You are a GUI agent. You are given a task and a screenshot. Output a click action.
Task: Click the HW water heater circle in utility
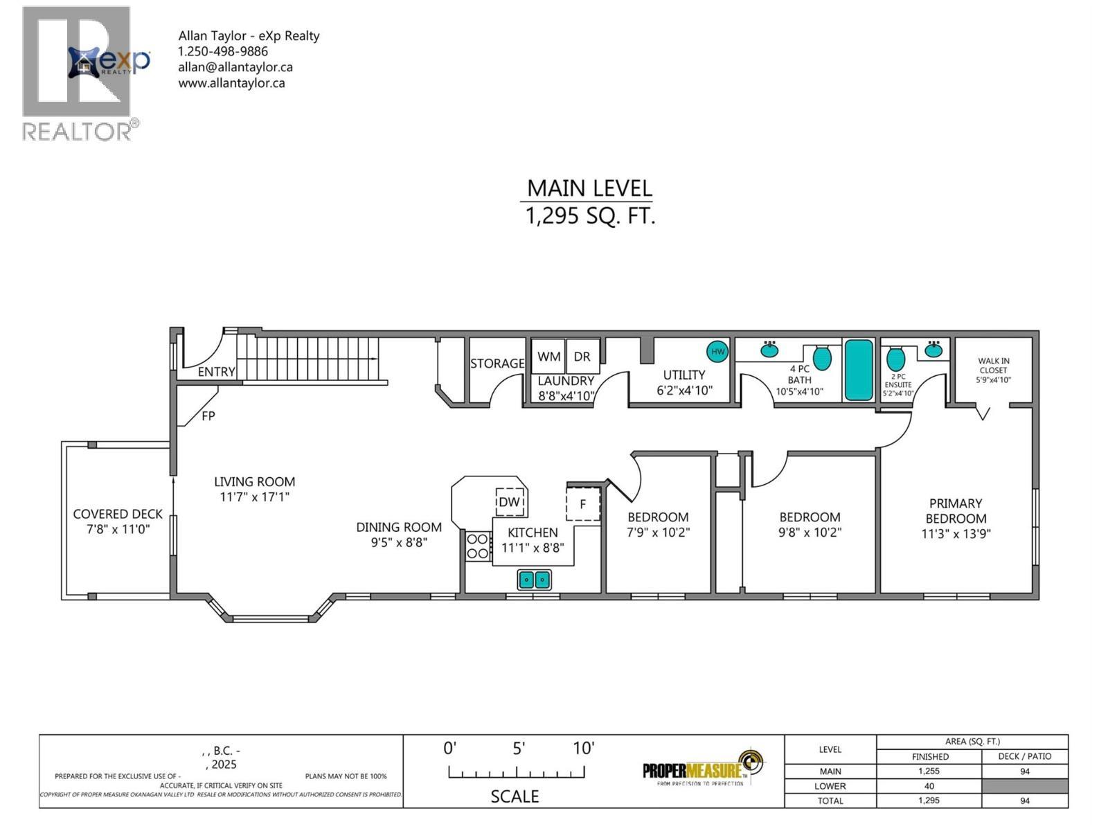coord(717,352)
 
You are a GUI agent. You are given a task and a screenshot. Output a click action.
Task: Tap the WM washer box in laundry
coord(548,357)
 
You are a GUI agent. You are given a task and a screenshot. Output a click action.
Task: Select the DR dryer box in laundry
coord(582,357)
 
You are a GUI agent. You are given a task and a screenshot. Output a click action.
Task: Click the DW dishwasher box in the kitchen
coord(510,502)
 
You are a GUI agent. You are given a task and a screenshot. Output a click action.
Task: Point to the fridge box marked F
coord(582,504)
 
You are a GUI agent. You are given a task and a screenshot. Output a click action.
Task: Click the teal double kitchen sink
coord(535,579)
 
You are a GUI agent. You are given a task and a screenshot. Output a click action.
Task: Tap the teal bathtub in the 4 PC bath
coord(859,370)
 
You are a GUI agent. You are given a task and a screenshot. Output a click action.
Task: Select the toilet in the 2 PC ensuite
coord(896,359)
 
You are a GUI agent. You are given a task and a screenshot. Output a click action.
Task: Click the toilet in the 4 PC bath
coord(821,357)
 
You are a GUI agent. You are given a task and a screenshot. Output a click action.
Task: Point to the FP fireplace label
coord(208,416)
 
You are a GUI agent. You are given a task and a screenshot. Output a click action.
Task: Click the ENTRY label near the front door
coord(216,372)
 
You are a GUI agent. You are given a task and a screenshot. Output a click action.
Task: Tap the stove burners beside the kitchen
coord(477,545)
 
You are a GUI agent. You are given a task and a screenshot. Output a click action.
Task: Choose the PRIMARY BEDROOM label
coord(956,511)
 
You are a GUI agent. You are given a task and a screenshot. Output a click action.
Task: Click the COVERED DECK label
coord(118,514)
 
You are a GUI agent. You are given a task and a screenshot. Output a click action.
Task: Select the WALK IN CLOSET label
coord(993,365)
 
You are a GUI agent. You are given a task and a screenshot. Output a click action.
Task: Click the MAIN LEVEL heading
coord(589,188)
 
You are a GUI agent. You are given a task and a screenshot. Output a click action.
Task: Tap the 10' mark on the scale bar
coord(583,748)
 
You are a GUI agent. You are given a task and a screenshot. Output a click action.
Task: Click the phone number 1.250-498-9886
coord(222,51)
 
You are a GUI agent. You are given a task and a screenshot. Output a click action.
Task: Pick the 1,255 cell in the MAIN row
coord(929,771)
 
